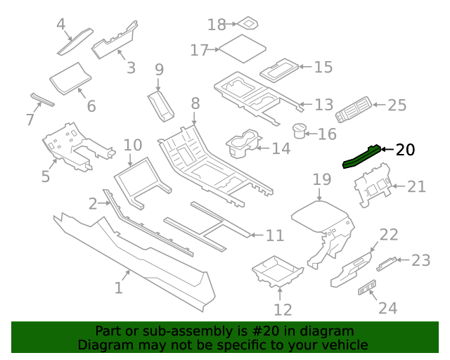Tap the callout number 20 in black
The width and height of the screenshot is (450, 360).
point(406,150)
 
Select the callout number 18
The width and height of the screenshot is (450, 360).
point(217,25)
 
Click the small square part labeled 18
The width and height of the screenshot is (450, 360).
point(248,24)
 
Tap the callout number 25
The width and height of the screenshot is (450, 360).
point(397,105)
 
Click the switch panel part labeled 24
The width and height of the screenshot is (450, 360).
point(367,290)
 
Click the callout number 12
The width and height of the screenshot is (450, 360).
point(282,309)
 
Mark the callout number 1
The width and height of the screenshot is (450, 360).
point(119,288)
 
